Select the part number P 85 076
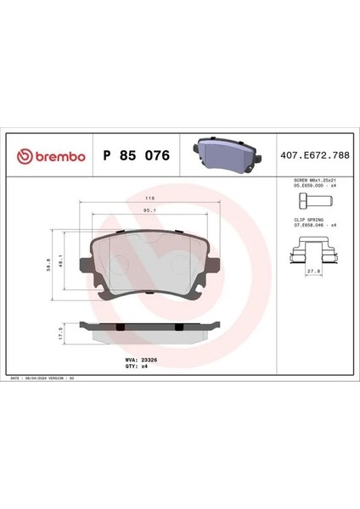(136, 156)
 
